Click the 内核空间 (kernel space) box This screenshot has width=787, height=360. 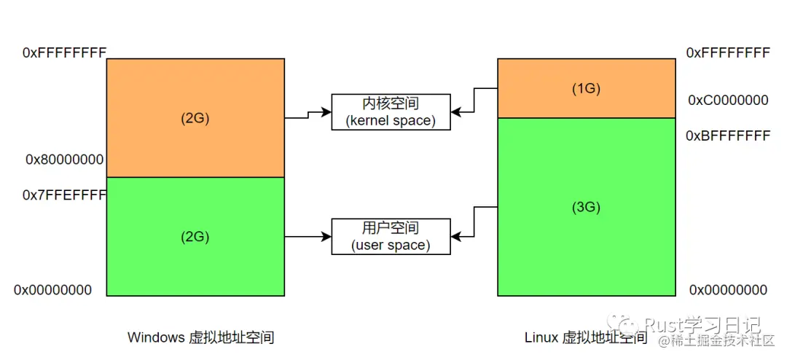point(391,112)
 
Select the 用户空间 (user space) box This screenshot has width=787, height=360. point(391,236)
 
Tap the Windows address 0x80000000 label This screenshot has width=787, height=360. point(64,159)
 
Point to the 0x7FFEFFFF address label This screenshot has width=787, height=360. point(65,195)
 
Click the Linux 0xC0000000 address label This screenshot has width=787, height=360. point(729,100)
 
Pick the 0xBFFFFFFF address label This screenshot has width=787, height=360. point(729,136)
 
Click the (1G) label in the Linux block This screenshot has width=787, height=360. point(586,89)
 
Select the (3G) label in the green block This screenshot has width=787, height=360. point(586,207)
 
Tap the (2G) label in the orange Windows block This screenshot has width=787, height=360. point(195,118)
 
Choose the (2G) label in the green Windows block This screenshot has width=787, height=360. point(195,237)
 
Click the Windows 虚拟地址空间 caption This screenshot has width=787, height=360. point(200,337)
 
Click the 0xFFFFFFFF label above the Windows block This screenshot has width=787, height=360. point(65,52)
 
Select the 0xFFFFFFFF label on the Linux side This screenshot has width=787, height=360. point(729,52)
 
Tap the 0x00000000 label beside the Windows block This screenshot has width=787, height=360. point(53,290)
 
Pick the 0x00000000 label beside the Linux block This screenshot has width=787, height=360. point(729,290)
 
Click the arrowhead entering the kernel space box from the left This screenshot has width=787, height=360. point(326,112)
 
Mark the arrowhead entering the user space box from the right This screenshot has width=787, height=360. point(455,236)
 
